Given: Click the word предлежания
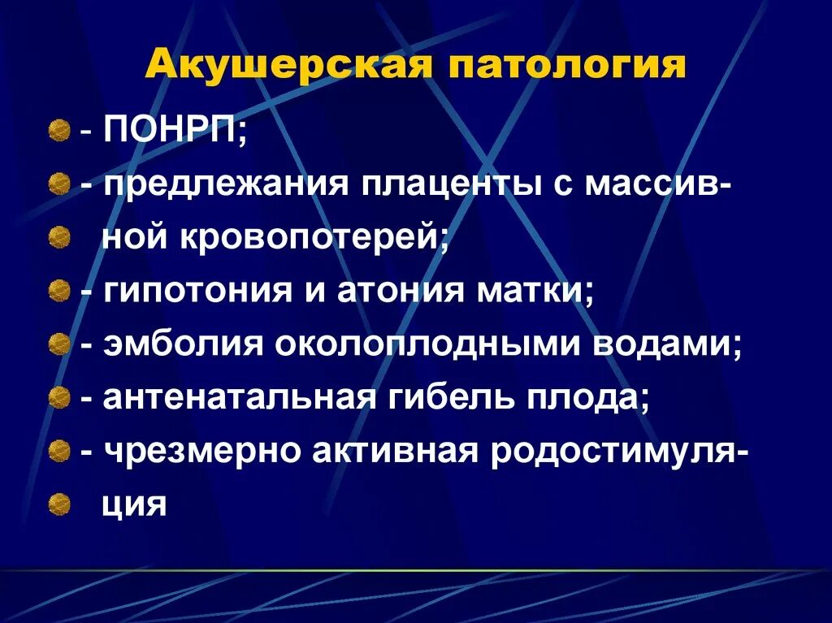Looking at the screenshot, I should click(x=224, y=184).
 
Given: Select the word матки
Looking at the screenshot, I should click(x=531, y=292).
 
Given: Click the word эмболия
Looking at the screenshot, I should click(x=183, y=345).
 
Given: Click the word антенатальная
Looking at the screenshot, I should click(x=239, y=399).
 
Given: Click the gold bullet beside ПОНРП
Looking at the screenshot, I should click(x=57, y=131).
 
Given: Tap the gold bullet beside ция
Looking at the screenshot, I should click(x=57, y=506).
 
